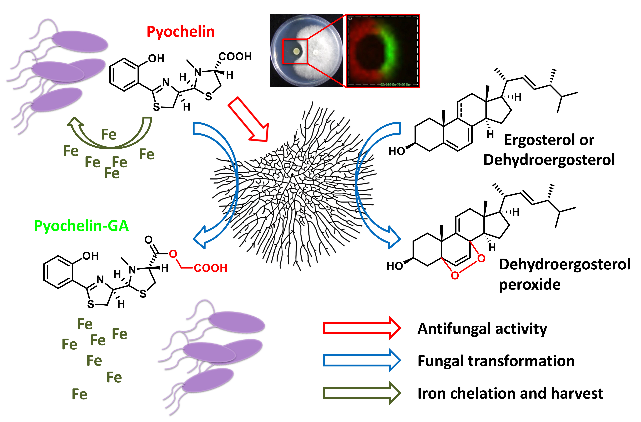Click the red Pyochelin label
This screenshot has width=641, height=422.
(x=181, y=32)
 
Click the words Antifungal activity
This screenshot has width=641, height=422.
(x=482, y=329)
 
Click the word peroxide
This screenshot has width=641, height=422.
(x=529, y=285)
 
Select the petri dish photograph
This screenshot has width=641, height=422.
(x=306, y=51)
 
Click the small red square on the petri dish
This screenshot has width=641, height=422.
(x=295, y=51)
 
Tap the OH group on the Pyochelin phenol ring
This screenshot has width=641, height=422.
(x=156, y=58)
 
